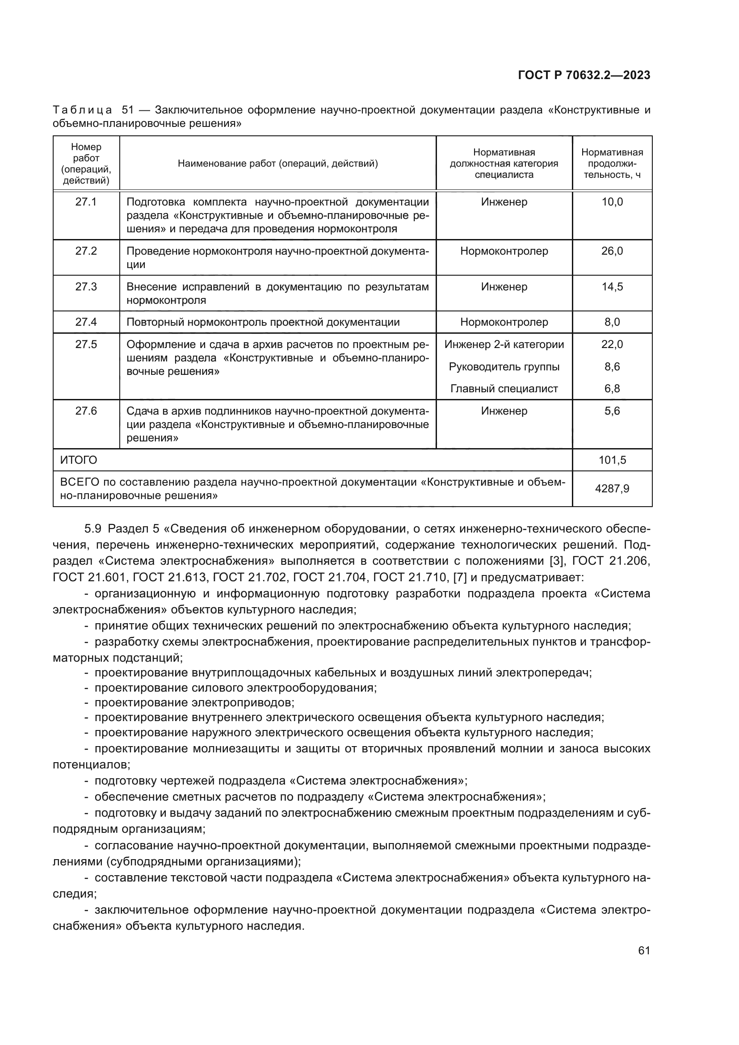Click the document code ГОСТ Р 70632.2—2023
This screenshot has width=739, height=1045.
click(584, 76)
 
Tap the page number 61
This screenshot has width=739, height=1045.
click(644, 950)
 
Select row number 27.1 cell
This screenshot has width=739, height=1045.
click(86, 202)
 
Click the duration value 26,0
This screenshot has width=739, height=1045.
click(612, 251)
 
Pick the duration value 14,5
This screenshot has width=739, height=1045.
click(612, 287)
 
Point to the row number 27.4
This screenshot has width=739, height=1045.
click(86, 322)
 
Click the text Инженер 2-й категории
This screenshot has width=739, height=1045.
click(504, 344)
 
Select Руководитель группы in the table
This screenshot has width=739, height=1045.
click(504, 367)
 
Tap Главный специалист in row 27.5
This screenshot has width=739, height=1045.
click(504, 389)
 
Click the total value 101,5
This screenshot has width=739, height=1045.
click(612, 460)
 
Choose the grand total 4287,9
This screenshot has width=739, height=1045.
click(612, 489)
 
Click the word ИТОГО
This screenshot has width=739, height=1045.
click(79, 460)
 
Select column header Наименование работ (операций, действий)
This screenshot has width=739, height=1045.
click(277, 164)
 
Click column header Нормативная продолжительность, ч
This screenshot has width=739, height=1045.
click(612, 164)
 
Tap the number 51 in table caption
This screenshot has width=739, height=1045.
click(128, 110)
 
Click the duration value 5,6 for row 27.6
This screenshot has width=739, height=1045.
click(612, 411)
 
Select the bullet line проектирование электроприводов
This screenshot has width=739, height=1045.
click(194, 702)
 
